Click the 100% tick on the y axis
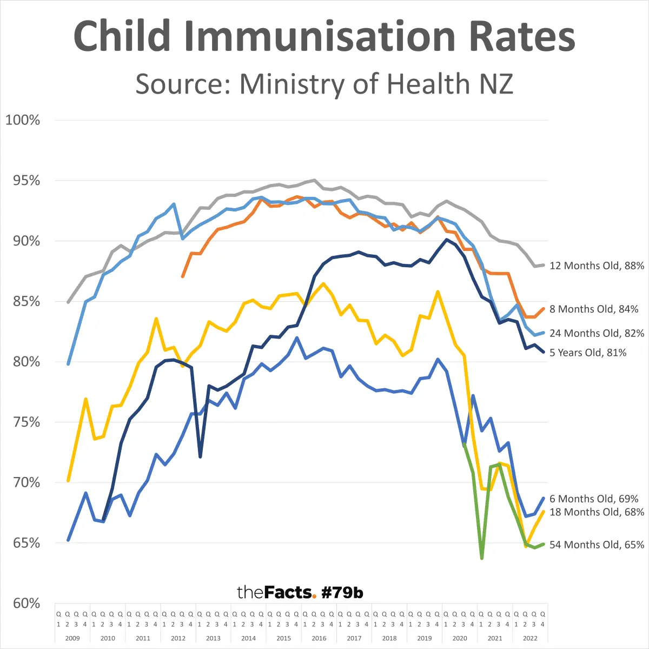click(x=23, y=120)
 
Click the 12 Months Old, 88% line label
click(x=597, y=266)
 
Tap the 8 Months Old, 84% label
click(x=594, y=309)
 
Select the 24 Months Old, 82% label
click(x=597, y=333)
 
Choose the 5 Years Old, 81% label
click(x=588, y=353)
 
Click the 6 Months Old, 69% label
click(x=594, y=499)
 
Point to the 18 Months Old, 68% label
click(x=597, y=512)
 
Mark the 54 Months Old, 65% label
click(x=597, y=545)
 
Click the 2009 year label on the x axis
click(x=72, y=638)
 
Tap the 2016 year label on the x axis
click(x=319, y=638)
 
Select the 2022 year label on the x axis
click(x=530, y=638)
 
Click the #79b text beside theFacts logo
click(x=342, y=593)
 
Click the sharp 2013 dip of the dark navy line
click(x=200, y=457)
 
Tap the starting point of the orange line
click(x=183, y=276)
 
